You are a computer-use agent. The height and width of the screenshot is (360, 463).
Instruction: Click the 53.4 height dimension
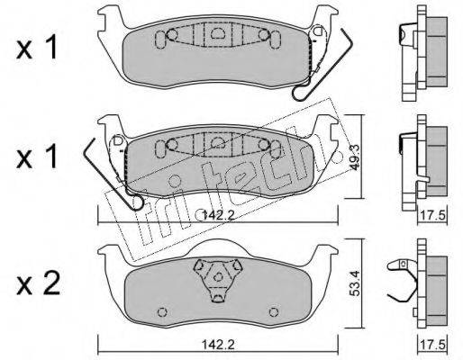[x=355, y=283]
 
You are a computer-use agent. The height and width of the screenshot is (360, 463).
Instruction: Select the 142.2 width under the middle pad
[x=218, y=215]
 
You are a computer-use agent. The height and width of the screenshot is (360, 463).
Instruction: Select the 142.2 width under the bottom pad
[x=218, y=345]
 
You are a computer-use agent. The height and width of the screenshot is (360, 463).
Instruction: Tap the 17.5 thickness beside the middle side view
[x=432, y=215]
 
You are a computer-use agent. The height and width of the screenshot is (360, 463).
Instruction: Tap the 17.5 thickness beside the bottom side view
[x=432, y=345]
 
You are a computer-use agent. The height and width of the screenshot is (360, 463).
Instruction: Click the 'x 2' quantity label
[x=38, y=283]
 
